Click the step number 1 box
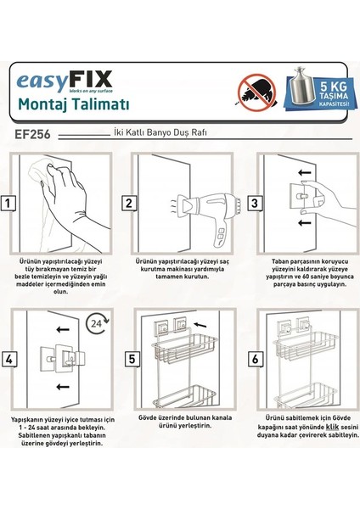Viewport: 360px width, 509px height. click(x=8, y=203)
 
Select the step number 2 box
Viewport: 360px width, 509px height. click(x=129, y=203)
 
